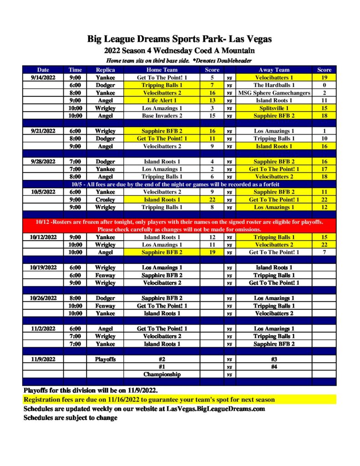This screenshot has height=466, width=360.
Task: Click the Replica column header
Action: coord(105,70)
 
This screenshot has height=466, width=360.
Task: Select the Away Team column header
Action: coord(274,70)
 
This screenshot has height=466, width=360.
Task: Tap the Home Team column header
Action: coord(162,70)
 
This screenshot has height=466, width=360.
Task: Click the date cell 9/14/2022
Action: coord(43,78)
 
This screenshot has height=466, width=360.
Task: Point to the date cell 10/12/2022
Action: coord(43,237)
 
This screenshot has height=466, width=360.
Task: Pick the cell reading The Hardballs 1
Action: coord(274,85)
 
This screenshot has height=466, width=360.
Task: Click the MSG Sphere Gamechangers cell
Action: coord(274,93)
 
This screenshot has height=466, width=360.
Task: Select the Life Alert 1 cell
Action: coord(162,101)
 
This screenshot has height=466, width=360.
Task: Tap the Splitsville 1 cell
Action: coord(274,108)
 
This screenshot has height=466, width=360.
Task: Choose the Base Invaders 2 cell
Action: coord(162,116)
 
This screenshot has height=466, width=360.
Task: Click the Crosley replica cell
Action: coord(105,200)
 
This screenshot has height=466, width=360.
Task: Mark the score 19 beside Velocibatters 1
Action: coord(324,78)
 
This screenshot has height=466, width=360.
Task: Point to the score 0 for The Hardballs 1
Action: coord(324,85)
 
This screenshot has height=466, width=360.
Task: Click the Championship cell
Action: coord(162,375)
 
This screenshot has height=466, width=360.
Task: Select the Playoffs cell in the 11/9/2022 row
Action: coord(105,359)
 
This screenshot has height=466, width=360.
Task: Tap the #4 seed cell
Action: coord(274,367)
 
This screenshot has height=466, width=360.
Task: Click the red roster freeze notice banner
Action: coord(180,226)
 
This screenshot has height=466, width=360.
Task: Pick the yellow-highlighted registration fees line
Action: coord(149,400)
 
